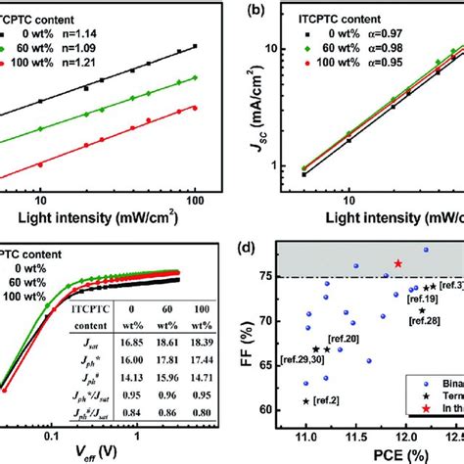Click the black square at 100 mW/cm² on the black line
[x=196, y=46]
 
